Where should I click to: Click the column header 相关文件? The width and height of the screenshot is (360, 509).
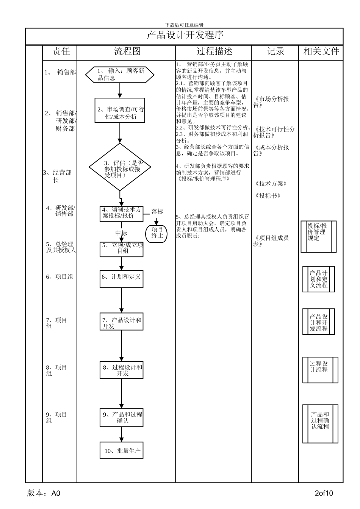tap(321, 52)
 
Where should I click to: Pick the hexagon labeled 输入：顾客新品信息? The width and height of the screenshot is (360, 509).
tap(120, 75)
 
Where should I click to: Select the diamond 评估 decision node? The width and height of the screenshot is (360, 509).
tap(120, 167)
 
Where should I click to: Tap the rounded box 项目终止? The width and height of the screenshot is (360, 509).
tap(157, 233)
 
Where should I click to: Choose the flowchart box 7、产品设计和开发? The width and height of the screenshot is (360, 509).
tap(122, 323)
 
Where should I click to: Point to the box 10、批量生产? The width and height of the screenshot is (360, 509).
tap(122, 451)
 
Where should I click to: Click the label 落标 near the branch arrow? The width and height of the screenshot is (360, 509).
tap(157, 211)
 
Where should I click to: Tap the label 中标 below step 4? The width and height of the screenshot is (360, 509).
tap(121, 233)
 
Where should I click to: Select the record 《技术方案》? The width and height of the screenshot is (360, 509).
tap(271, 184)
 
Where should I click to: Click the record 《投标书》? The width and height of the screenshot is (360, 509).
tap(268, 196)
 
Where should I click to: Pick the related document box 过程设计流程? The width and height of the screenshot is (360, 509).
tap(320, 370)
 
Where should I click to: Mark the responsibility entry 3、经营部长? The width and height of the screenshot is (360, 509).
tap(58, 176)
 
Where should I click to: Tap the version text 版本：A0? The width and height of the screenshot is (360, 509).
tap(44, 493)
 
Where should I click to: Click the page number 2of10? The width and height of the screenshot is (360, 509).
tap(324, 493)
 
